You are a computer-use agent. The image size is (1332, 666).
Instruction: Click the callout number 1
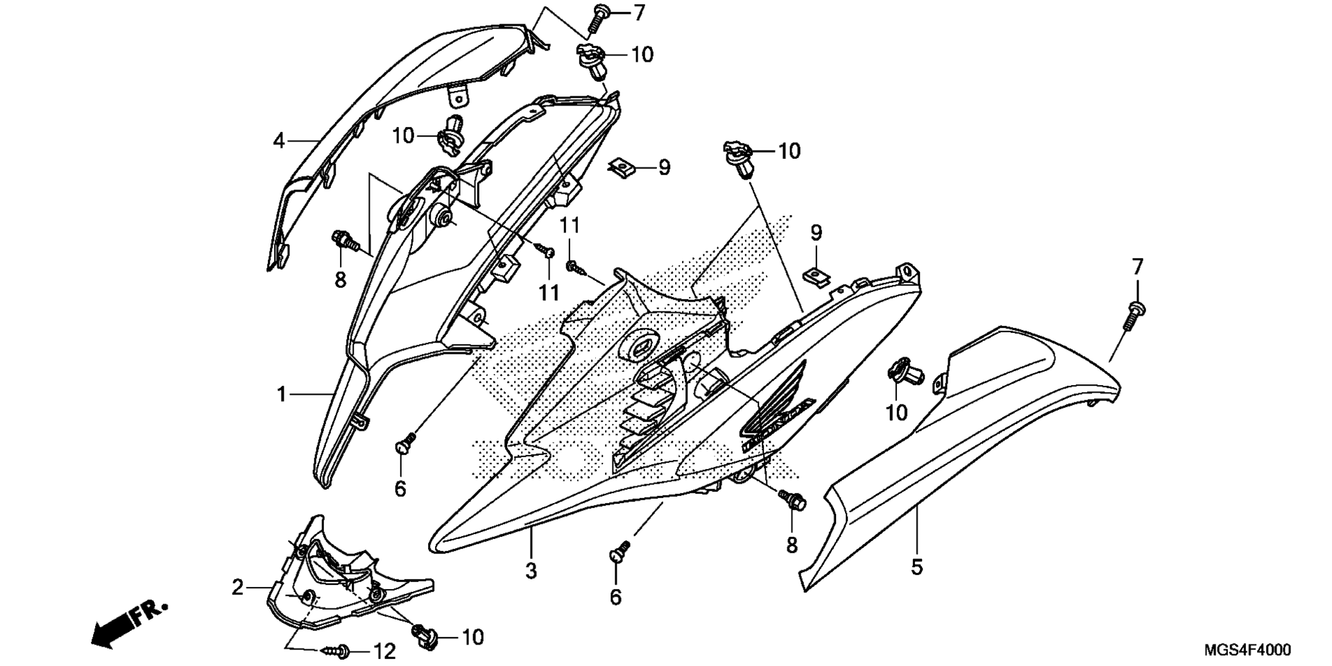pos(281,395)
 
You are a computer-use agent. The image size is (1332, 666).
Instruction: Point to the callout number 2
pos(238,588)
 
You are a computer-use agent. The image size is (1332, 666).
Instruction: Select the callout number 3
pos(531,571)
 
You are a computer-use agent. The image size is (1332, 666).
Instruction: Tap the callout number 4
pos(279,142)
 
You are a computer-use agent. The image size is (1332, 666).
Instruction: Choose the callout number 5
pos(917,567)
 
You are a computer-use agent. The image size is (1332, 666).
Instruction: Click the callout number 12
pos(384,651)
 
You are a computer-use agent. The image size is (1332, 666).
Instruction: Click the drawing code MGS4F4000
pos(1247,650)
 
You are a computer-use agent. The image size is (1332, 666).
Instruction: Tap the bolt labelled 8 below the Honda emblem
pos(793,499)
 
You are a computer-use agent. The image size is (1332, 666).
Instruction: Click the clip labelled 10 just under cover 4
pos(452,135)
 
